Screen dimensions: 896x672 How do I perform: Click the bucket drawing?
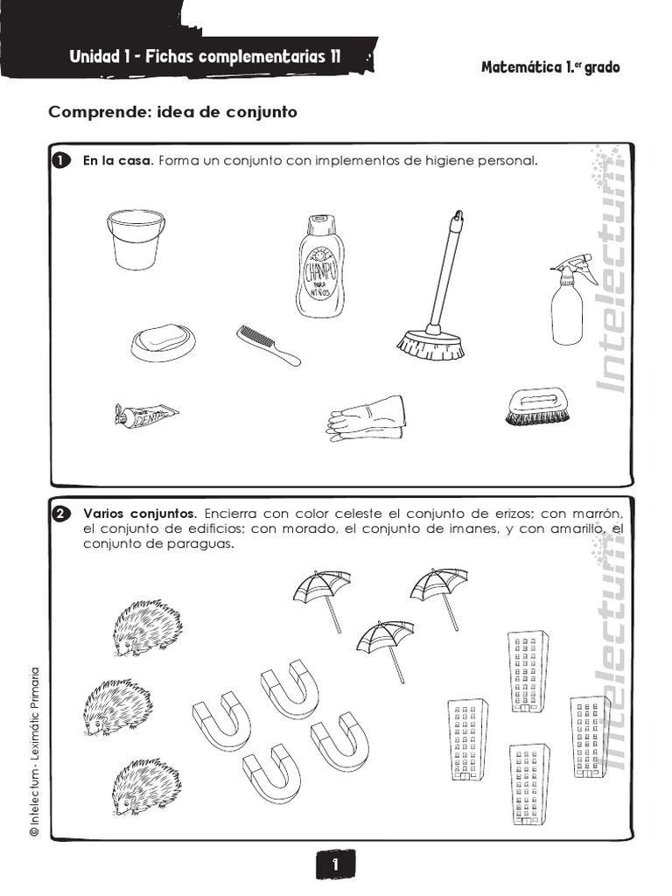click(x=135, y=239)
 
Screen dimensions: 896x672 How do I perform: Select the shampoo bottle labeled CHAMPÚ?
click(x=320, y=267)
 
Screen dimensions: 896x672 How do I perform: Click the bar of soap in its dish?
click(x=163, y=340)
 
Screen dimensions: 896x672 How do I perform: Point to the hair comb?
click(x=268, y=345)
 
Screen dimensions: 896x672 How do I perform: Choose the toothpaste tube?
click(x=146, y=415)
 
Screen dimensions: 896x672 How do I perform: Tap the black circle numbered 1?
click(x=60, y=161)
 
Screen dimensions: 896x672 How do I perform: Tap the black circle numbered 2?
click(x=60, y=514)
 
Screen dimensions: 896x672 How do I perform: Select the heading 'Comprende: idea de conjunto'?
click(x=173, y=112)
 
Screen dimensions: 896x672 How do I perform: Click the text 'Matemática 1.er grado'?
click(x=550, y=67)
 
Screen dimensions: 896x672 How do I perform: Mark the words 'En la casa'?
click(x=117, y=161)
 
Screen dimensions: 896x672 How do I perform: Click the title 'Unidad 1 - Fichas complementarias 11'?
click(x=205, y=58)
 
